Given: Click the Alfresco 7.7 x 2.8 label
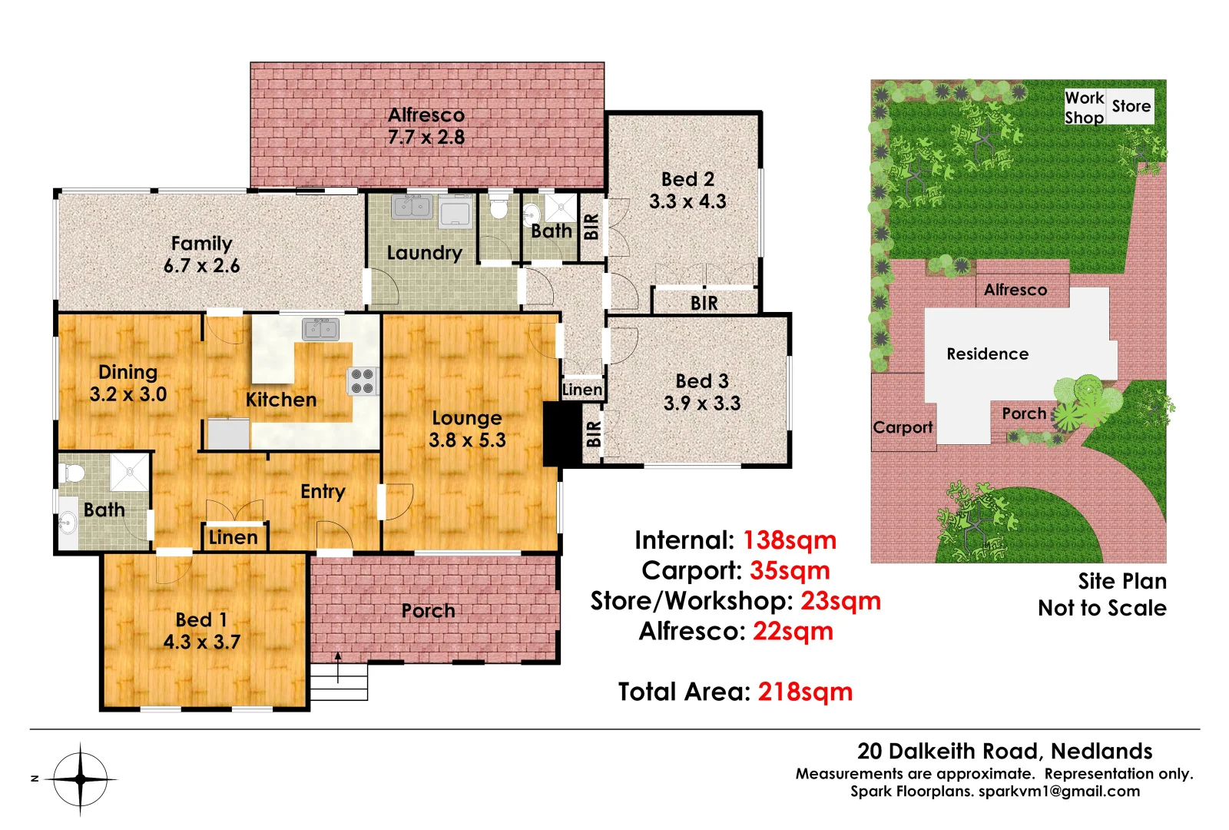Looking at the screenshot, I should coord(426,126).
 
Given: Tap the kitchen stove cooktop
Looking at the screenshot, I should coord(362,381).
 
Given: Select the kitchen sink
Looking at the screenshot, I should coord(321,329).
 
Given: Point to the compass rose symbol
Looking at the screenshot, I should coord(81,779).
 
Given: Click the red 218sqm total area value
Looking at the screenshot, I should coord(805,692).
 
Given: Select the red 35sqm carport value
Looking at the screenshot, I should coord(790,570).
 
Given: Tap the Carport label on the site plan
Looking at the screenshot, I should coord(903,427).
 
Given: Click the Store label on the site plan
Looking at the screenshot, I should coord(1131,106).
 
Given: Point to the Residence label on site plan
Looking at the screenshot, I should coord(987,354).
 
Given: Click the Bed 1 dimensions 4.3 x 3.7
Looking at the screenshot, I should coord(202,642).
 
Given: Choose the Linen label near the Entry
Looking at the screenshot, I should coord(234,538).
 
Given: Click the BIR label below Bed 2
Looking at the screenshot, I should coord(704,304).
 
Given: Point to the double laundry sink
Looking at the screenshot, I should coord(412,207).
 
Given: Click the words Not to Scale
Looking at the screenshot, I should coord(1101,609).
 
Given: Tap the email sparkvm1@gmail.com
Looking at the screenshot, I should coord(1059,792).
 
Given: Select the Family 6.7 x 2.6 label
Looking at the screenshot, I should coord(201,254).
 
